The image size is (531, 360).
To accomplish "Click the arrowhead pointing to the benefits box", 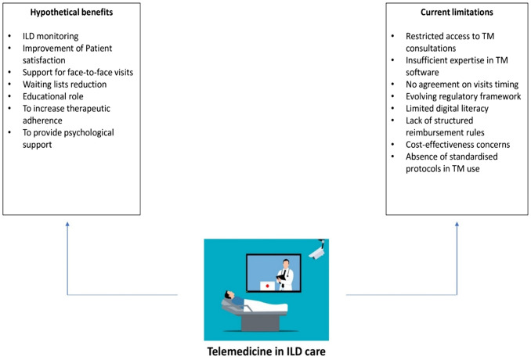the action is [x=68, y=225].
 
